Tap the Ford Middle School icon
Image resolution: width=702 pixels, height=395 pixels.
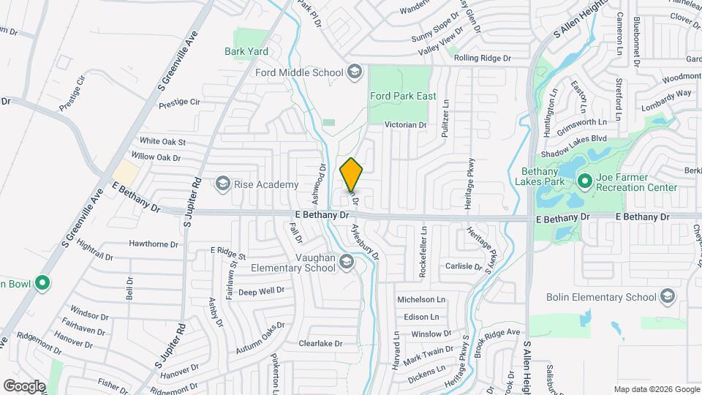click(x=355, y=72)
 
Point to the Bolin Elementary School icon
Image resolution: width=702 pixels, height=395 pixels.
click(x=667, y=297)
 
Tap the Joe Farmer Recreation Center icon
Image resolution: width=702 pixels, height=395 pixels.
click(x=584, y=180)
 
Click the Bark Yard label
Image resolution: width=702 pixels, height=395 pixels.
click(x=246, y=51)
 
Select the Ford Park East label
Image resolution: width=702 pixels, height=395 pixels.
click(x=403, y=96)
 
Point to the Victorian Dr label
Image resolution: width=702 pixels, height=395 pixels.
click(x=406, y=125)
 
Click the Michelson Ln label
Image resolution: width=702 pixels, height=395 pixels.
click(x=420, y=300)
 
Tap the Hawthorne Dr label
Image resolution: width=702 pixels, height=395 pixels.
click(x=154, y=244)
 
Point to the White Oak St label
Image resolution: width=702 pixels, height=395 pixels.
click(x=163, y=141)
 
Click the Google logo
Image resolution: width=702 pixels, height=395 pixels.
click(x=24, y=385)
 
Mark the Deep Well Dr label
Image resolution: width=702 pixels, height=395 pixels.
click(x=261, y=291)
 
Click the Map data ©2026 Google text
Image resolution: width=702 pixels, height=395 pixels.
click(x=655, y=388)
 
